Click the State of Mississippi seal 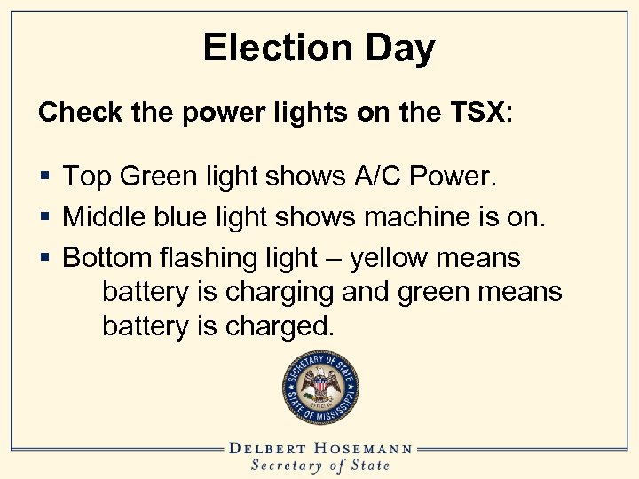coord(320,387)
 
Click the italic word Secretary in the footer coord(288,466)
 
